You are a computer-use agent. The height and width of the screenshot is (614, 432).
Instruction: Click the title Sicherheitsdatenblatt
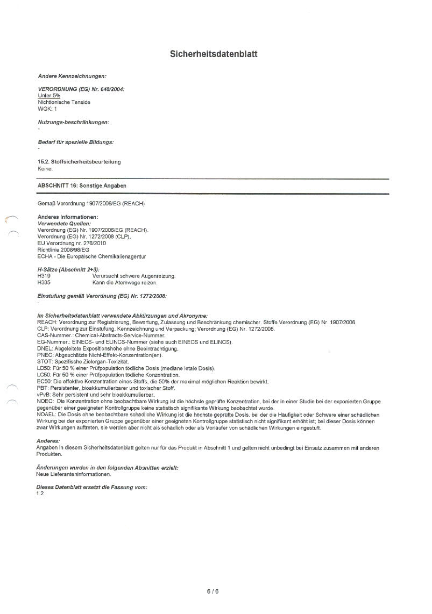(x=214, y=54)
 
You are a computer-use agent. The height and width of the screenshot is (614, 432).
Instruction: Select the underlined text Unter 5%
(x=49, y=95)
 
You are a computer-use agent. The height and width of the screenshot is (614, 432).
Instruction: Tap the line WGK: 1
(x=47, y=109)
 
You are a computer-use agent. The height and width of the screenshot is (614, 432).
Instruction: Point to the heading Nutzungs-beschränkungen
(x=73, y=122)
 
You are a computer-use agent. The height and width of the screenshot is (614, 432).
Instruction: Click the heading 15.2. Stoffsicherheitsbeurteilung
(x=79, y=162)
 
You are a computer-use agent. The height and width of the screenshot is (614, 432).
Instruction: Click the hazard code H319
(x=44, y=276)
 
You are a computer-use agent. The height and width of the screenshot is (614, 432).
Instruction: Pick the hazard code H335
(x=44, y=282)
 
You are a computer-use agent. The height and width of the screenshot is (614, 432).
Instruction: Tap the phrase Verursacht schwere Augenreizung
(x=134, y=276)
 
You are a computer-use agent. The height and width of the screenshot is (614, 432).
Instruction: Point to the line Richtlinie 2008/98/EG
(x=63, y=250)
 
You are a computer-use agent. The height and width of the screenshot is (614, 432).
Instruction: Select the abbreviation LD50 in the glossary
(x=44, y=368)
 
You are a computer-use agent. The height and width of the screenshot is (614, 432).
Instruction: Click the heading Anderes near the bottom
(x=48, y=440)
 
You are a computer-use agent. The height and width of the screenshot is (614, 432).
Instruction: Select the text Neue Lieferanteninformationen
(x=74, y=474)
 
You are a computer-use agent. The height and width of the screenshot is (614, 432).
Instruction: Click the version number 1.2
(x=40, y=493)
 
